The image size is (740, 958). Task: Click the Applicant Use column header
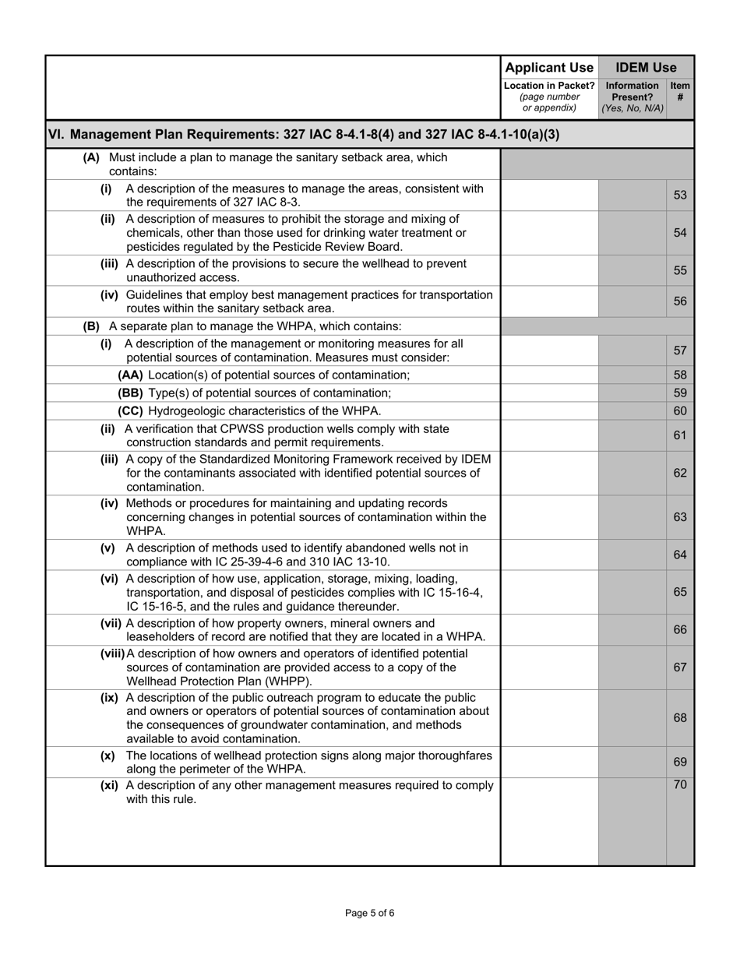coord(549,68)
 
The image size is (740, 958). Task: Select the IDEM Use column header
coord(646,68)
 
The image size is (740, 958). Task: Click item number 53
coord(680,195)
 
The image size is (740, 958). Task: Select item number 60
coord(680,410)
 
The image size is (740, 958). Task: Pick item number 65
coord(680,592)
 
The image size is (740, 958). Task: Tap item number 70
coord(680,785)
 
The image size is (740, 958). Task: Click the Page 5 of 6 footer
coord(370,913)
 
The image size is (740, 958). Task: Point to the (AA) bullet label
coord(131,375)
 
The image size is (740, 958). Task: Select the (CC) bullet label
coord(131,410)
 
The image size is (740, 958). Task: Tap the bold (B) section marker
coord(92,326)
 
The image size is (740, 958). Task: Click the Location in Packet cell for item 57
coord(549,350)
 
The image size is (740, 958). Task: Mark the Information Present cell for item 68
coord(632,717)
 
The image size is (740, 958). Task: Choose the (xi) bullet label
coord(110,785)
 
